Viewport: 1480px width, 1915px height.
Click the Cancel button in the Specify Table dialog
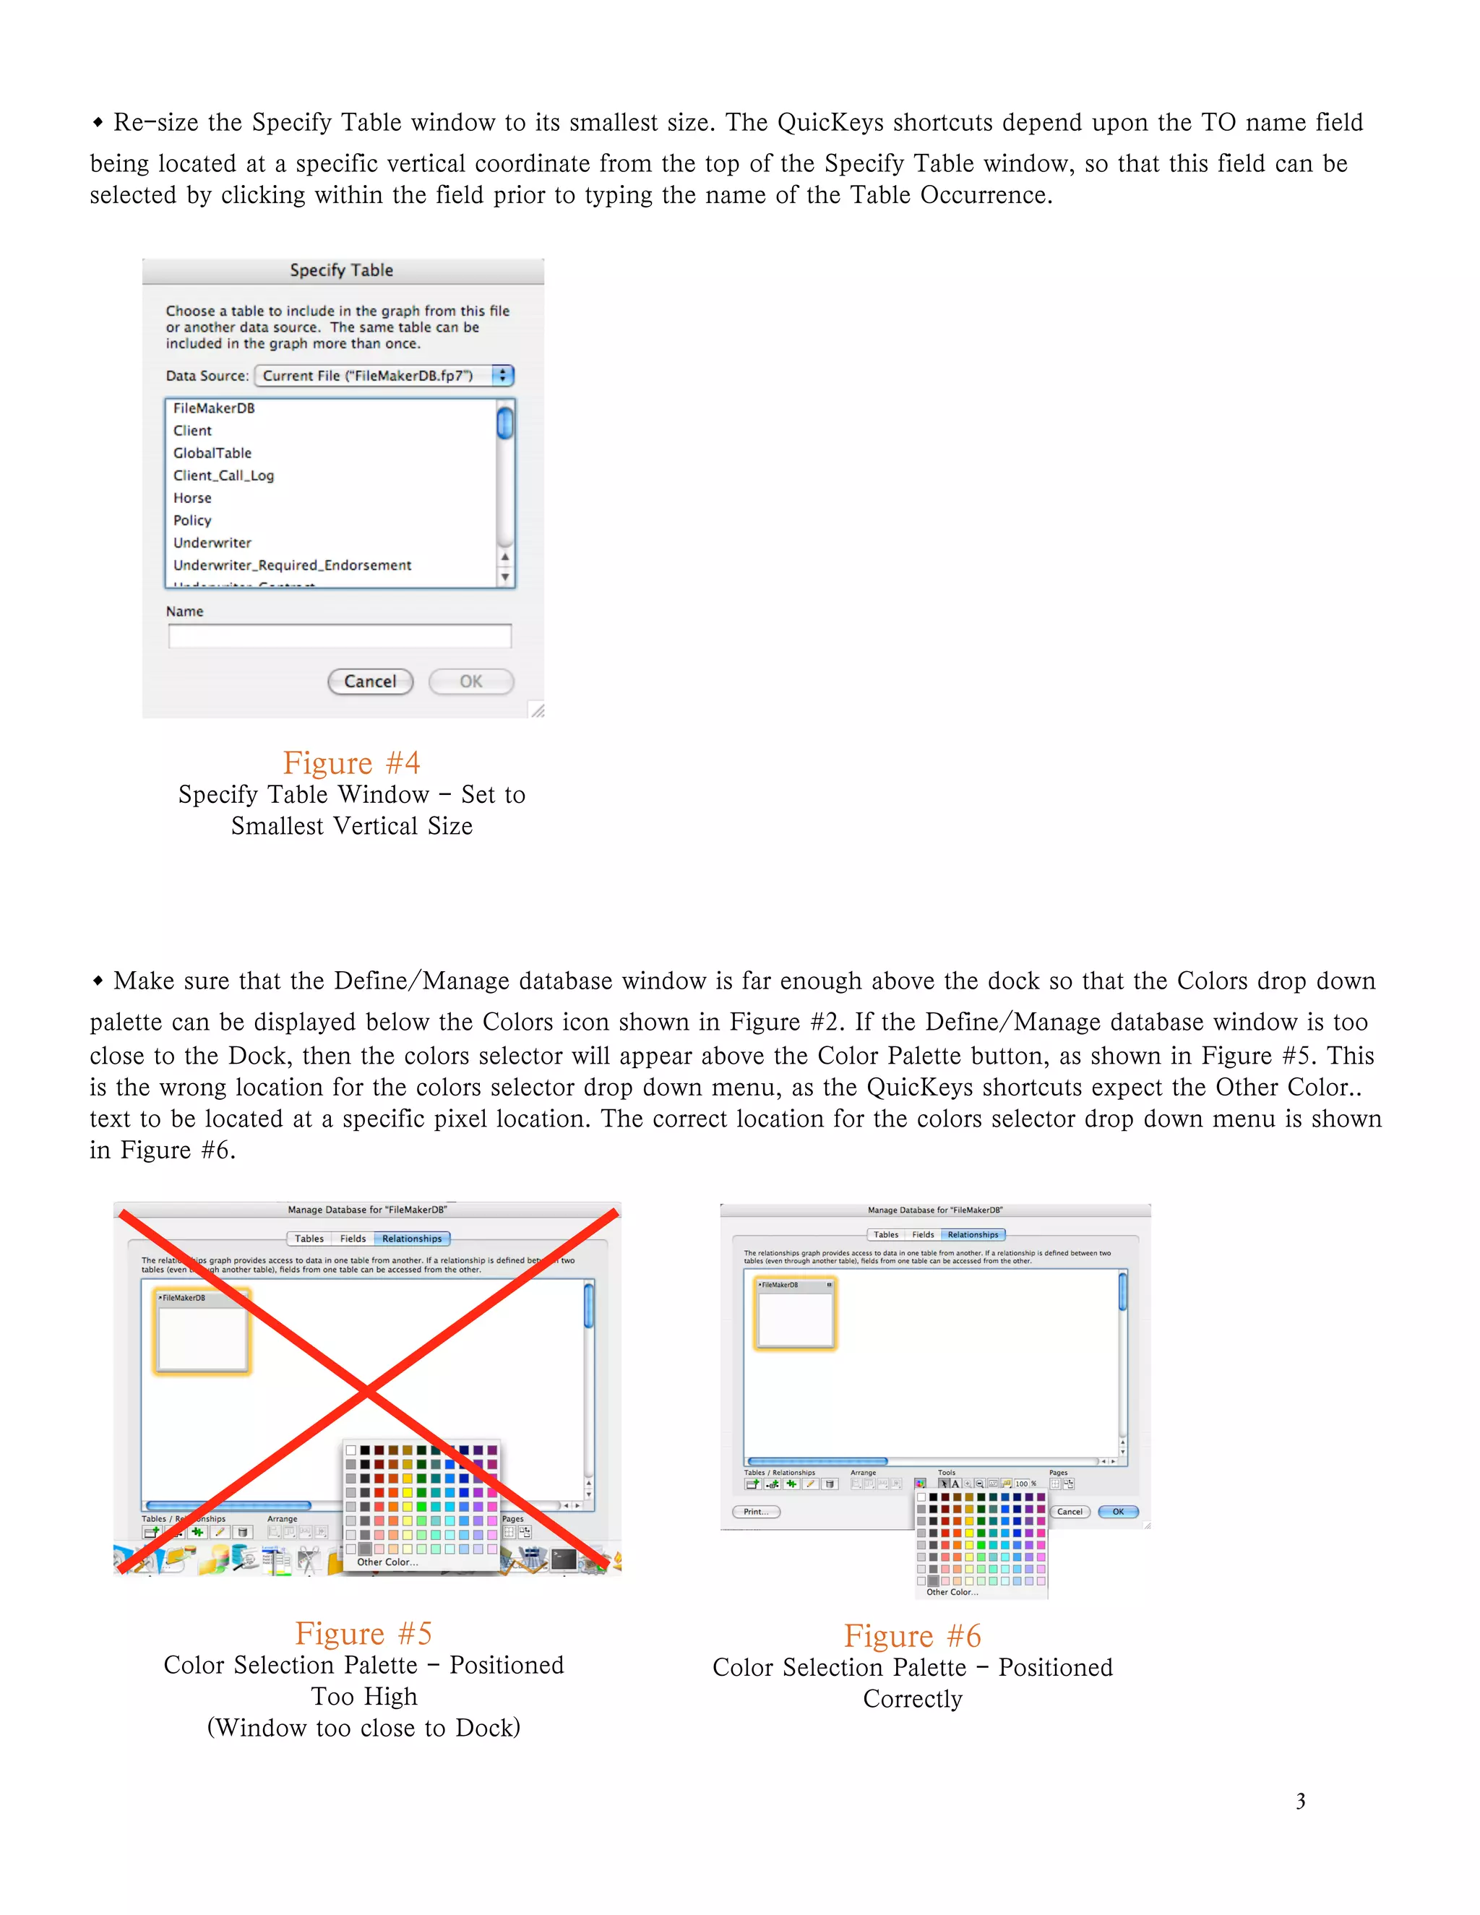click(370, 681)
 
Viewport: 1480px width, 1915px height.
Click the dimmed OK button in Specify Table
click(471, 681)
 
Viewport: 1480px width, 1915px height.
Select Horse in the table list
click(192, 498)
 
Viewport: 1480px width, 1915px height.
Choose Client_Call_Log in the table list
click(223, 475)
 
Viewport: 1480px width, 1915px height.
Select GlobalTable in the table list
click(212, 453)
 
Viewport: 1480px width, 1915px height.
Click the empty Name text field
click(340, 636)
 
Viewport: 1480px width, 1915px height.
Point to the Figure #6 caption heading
click(912, 1636)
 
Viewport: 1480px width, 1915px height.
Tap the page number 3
click(1300, 1801)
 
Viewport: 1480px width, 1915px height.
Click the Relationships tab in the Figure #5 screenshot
click(412, 1239)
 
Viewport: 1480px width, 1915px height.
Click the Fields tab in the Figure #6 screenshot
click(922, 1234)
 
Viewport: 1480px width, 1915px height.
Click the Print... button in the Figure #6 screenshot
click(756, 1512)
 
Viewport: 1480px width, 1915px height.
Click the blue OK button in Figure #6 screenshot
click(1118, 1512)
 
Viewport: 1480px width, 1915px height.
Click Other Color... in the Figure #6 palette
click(952, 1592)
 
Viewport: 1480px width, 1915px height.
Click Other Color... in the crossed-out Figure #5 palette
click(387, 1562)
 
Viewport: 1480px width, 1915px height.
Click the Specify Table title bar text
click(342, 270)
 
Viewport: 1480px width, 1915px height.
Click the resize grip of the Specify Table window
click(537, 710)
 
